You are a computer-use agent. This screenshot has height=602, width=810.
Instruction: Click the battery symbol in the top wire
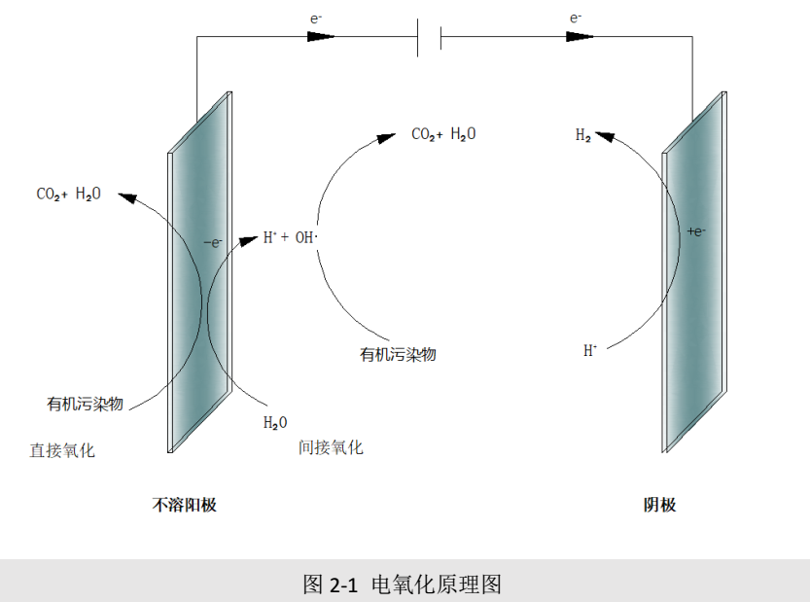point(429,38)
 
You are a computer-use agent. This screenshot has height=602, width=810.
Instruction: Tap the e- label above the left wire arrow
point(316,17)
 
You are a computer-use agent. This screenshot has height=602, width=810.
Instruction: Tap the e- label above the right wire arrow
point(576,17)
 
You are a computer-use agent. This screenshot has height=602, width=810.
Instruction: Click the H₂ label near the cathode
point(583,136)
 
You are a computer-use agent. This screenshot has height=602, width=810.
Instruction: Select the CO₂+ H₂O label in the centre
point(443,134)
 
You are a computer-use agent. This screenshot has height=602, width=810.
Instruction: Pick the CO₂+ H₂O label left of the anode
point(68,195)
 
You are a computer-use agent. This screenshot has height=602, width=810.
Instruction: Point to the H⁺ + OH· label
point(292,236)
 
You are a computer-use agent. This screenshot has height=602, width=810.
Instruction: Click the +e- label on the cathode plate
point(696,231)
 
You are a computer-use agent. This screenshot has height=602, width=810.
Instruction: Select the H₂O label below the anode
point(275,423)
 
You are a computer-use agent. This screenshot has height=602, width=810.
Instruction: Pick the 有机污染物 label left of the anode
point(86,403)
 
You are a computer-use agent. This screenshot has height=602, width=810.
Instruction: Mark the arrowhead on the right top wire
point(580,37)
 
